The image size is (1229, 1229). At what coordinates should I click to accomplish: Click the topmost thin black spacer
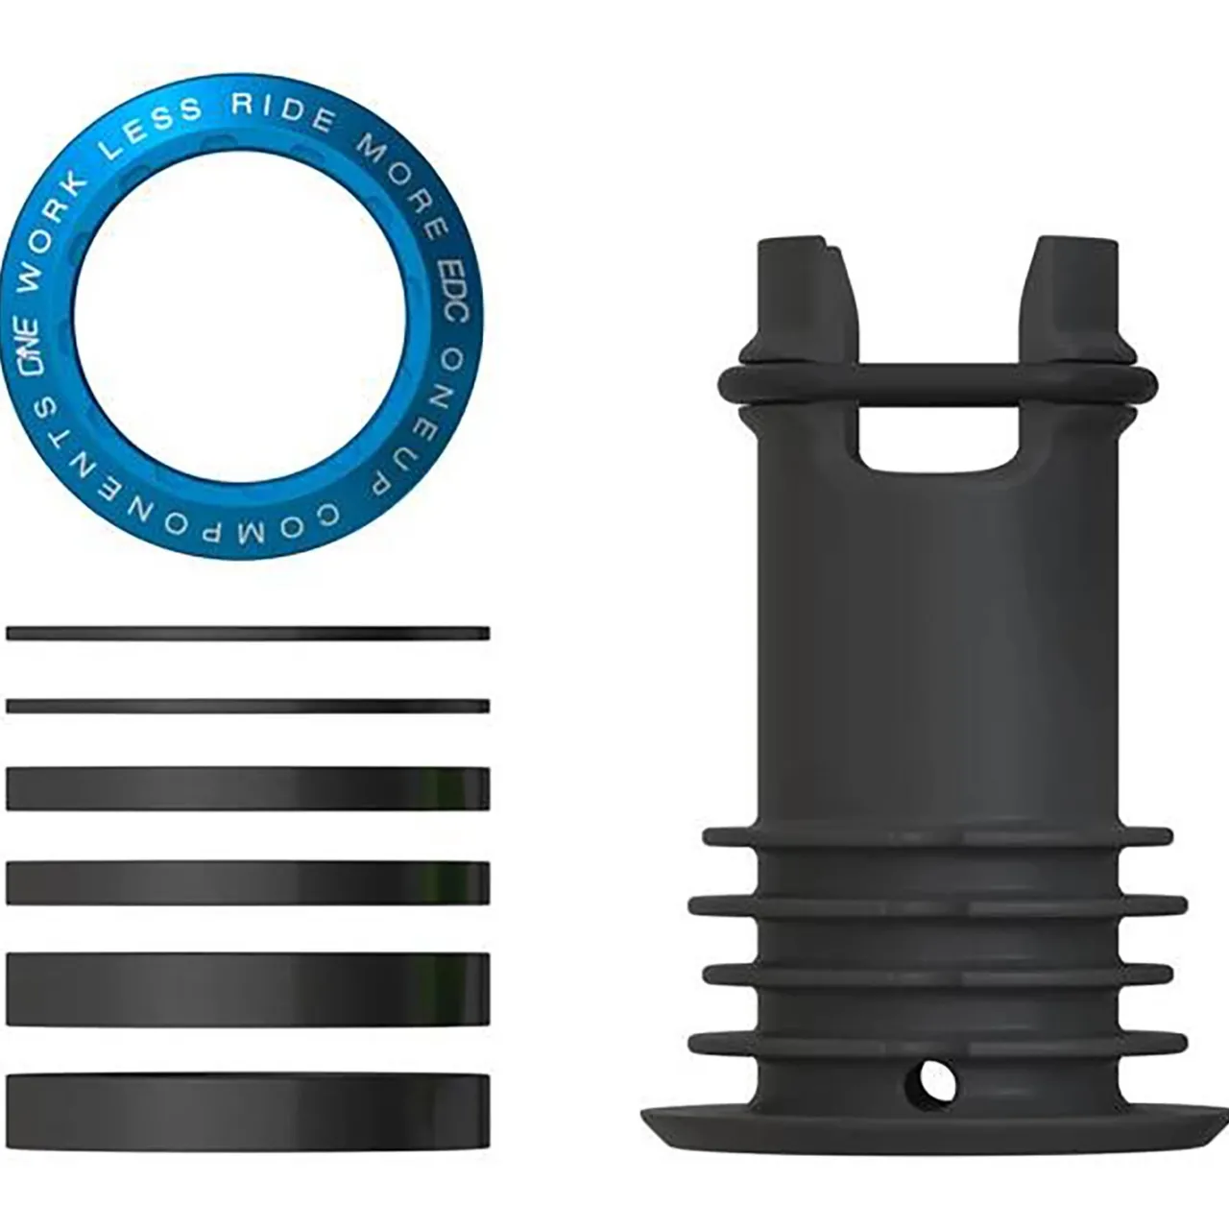(248, 634)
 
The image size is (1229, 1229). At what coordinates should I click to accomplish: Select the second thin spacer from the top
(248, 706)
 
